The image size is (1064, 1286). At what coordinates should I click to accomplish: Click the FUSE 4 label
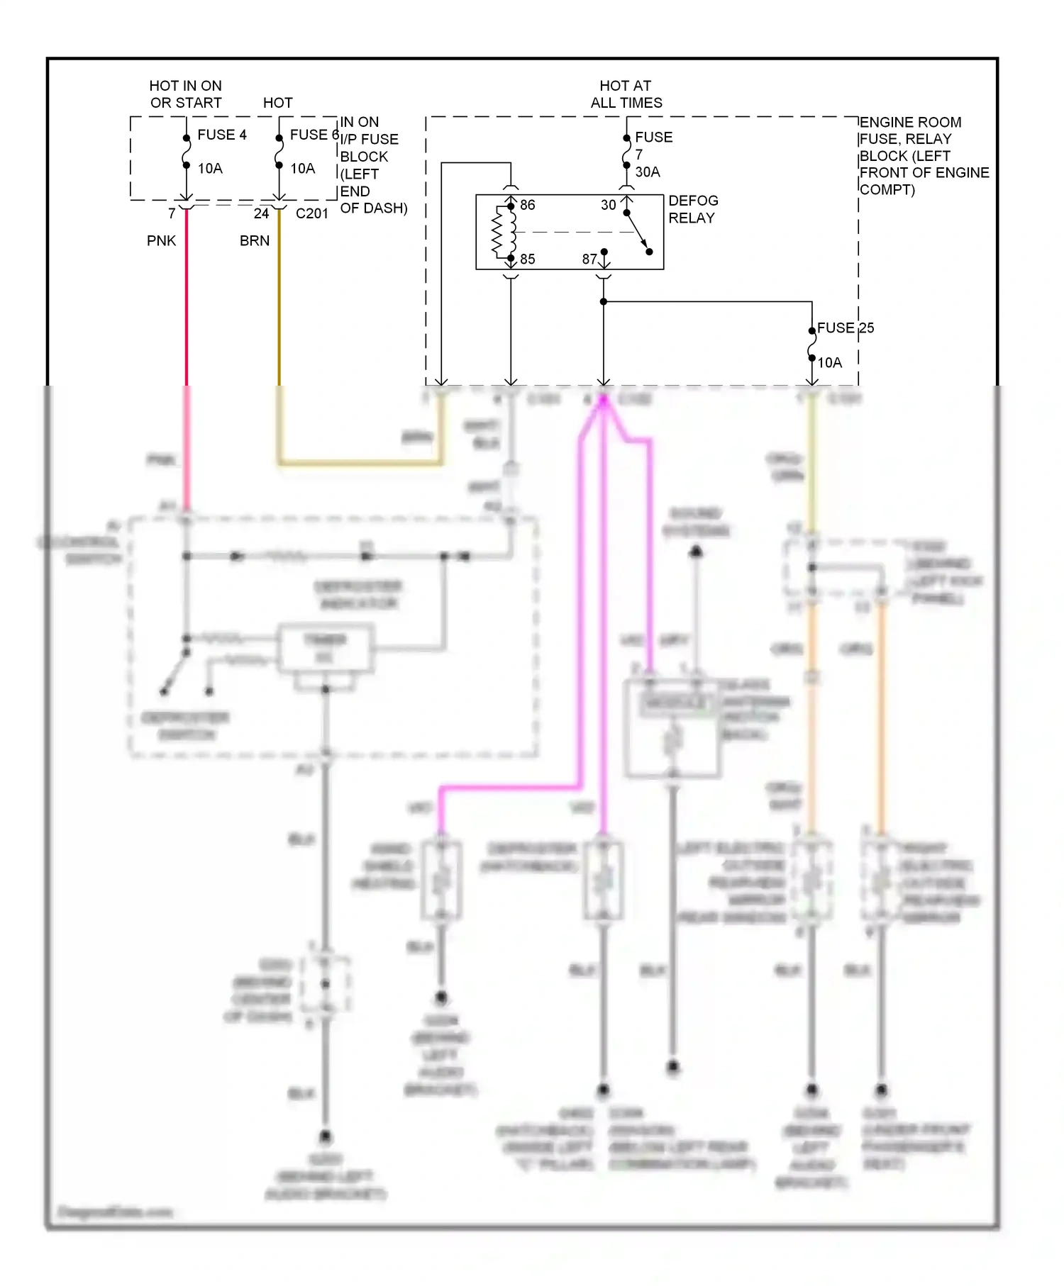click(221, 135)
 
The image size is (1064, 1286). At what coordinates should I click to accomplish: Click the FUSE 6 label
click(313, 135)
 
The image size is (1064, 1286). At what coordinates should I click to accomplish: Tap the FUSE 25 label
click(845, 328)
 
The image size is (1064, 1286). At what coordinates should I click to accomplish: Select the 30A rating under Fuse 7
click(647, 172)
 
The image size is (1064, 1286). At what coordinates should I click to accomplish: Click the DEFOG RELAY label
click(693, 209)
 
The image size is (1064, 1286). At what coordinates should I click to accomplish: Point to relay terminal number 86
click(527, 206)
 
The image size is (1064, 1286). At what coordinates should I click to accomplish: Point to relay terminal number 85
click(527, 259)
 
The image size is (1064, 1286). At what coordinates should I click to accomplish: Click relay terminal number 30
click(608, 206)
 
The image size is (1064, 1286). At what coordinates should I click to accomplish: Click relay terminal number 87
click(589, 259)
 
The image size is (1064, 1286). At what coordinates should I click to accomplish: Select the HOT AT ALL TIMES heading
click(626, 94)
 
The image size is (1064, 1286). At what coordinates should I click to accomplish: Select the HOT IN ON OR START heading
click(185, 94)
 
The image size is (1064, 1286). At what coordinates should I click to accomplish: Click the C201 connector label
click(311, 214)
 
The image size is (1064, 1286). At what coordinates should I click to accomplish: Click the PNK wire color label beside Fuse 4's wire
click(161, 241)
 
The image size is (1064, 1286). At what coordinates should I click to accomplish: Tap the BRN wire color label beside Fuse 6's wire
click(254, 241)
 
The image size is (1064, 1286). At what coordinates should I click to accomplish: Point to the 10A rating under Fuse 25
click(829, 363)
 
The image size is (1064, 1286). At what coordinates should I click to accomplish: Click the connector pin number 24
click(261, 214)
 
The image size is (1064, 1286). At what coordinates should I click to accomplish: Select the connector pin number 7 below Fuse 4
click(172, 214)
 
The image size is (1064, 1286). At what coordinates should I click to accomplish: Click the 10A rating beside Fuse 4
click(210, 169)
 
